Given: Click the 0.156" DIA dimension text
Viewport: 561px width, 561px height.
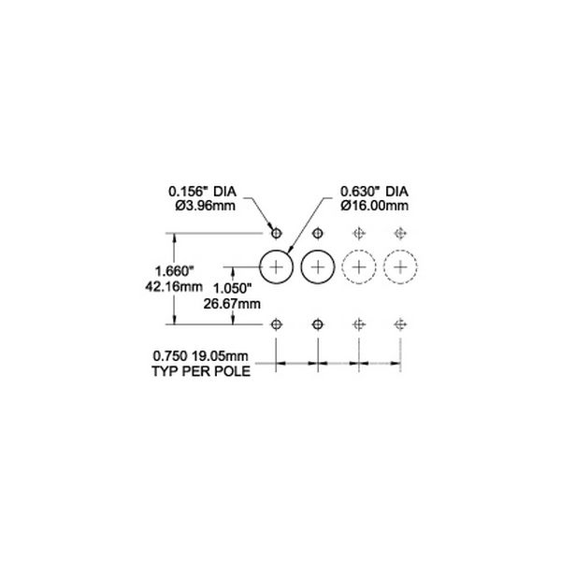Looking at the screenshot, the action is tap(203, 192).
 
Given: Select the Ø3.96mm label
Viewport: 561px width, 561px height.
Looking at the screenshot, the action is tap(206, 206).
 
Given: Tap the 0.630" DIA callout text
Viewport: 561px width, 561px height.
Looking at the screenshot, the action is tap(374, 192).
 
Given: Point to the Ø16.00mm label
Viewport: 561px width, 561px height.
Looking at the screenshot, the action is tap(374, 206).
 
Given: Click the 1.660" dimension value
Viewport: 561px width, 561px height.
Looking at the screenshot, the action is tap(174, 271).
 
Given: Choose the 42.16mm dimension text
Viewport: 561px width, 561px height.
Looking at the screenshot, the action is tap(174, 286).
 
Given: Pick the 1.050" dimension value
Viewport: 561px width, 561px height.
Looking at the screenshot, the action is tap(232, 288).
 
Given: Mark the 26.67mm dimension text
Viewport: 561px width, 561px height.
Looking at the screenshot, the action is tap(232, 304).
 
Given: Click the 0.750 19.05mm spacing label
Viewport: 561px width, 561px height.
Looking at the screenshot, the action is tap(200, 356).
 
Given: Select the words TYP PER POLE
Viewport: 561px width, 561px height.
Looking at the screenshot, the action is tap(201, 371).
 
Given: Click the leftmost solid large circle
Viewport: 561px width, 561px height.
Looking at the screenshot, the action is tap(276, 250).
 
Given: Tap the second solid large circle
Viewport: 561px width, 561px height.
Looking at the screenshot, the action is tap(318, 250).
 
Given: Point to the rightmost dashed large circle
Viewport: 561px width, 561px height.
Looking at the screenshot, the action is tap(400, 250).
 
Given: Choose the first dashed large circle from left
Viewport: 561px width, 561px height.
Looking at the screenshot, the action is tap(359, 250).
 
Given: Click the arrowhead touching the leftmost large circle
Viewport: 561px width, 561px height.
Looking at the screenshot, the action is tap(290, 250).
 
